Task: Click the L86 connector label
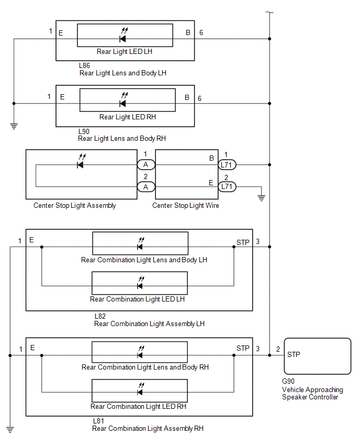(84, 66)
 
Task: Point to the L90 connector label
(84, 131)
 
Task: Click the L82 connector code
(100, 316)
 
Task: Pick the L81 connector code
(99, 421)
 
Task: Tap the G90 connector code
(288, 381)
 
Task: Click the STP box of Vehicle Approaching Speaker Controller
(317, 356)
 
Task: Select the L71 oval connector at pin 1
(227, 165)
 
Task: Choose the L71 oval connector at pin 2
(227, 186)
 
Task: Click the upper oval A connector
(146, 165)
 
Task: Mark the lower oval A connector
(146, 187)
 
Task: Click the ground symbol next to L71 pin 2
(261, 198)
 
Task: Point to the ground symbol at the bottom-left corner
(10, 430)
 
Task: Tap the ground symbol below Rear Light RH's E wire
(14, 126)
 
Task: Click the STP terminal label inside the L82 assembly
(243, 242)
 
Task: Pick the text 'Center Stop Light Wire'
(186, 205)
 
